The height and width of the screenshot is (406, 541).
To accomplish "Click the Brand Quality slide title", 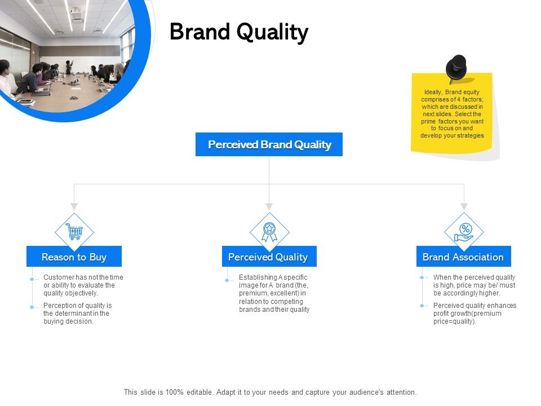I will [239, 33].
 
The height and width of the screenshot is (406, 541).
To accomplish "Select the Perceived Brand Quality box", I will [269, 144].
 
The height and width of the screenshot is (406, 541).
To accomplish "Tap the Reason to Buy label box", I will [74, 257].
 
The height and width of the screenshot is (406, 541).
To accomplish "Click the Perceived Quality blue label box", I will [269, 257].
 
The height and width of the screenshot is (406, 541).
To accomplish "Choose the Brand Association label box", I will [463, 257].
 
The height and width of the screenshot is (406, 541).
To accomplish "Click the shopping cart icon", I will [74, 231].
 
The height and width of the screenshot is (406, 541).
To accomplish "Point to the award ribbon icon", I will [269, 231].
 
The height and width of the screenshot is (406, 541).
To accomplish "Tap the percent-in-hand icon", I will [464, 231].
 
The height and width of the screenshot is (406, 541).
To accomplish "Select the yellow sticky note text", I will [452, 113].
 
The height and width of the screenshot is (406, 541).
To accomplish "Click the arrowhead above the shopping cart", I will [74, 206].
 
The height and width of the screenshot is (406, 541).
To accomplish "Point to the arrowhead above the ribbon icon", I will [269, 206].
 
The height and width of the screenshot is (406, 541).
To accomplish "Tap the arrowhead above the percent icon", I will [464, 206].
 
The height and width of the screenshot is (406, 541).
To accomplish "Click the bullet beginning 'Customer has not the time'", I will [83, 285].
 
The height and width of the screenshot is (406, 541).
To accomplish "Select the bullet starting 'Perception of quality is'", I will [77, 313].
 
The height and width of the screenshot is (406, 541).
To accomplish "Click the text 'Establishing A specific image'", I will [274, 293].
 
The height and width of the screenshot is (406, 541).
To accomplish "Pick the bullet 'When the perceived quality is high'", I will [474, 285].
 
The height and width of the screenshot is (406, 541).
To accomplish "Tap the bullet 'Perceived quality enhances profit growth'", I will [475, 313].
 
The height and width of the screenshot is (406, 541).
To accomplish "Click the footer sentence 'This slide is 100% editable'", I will [270, 392].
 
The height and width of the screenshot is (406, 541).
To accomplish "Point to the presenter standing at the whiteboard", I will [69, 67].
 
